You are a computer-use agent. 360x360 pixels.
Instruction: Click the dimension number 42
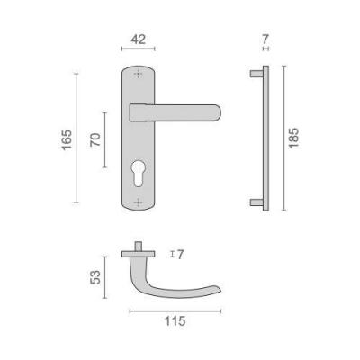139,40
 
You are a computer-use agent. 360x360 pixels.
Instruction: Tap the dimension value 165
67,139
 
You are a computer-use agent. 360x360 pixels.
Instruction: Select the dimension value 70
95,139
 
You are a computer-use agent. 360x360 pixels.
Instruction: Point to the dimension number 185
293,138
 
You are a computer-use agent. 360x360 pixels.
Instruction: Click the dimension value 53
95,277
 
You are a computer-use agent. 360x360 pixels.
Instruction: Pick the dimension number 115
175,321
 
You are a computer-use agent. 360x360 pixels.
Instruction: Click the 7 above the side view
265,39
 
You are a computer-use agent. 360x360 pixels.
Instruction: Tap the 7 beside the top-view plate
180,255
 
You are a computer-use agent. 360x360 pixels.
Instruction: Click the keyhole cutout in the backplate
138,174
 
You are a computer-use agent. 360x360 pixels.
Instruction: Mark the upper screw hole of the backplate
138,74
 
